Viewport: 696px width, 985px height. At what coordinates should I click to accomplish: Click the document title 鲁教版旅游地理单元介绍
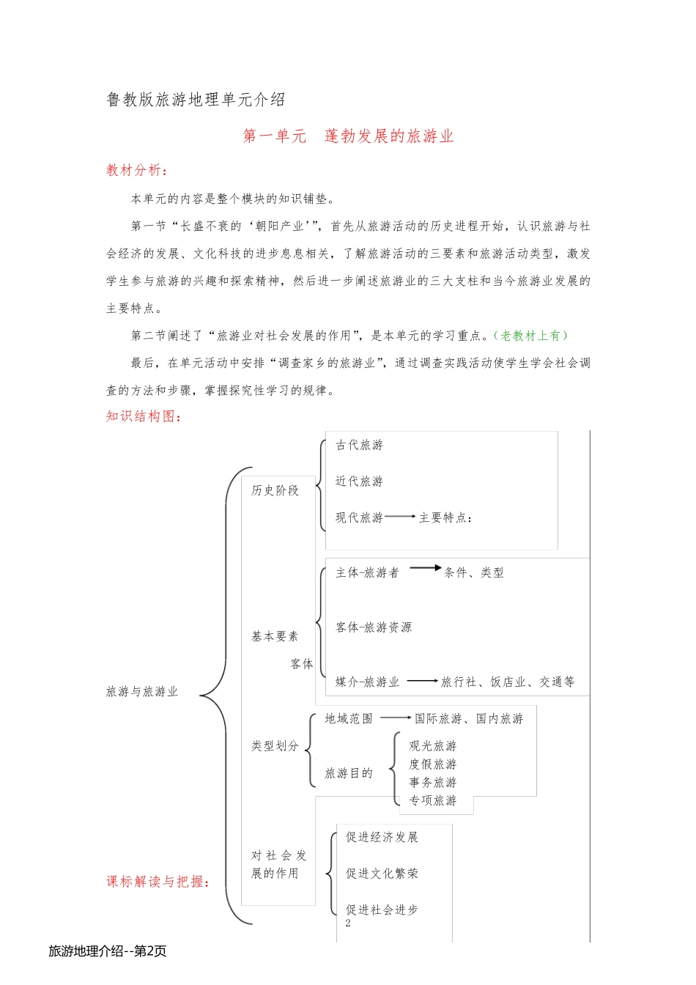click(x=196, y=100)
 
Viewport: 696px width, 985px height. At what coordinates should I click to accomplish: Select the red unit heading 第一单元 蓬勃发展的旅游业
click(x=348, y=136)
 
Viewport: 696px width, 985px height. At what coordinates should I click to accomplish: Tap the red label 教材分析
click(x=136, y=170)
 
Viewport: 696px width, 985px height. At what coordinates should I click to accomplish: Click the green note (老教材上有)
click(x=530, y=336)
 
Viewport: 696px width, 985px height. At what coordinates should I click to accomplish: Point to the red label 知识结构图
click(x=143, y=416)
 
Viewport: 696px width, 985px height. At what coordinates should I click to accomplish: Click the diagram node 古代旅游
click(x=359, y=445)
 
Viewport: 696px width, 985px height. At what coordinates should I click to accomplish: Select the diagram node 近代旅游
click(x=359, y=482)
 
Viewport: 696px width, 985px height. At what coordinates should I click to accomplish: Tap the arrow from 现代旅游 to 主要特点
click(x=400, y=517)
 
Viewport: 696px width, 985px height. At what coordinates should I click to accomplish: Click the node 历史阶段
click(x=275, y=490)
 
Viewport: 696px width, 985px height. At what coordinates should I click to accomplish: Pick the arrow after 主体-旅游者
click(x=425, y=567)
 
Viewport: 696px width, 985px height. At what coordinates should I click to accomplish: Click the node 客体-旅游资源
click(x=374, y=627)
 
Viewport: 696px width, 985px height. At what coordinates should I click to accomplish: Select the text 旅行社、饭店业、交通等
click(x=507, y=682)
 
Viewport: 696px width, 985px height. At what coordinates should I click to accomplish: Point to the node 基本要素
click(x=275, y=636)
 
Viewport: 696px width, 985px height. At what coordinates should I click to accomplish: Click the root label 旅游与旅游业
click(x=142, y=692)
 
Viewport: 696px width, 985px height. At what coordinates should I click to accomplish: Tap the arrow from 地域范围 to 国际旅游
click(x=396, y=717)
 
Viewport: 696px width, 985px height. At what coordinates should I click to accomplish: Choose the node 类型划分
click(x=275, y=746)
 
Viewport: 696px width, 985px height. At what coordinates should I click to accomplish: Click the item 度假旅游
click(x=432, y=764)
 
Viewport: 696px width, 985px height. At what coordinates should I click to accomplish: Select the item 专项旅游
click(x=432, y=800)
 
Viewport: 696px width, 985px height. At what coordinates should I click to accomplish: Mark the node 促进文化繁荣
click(x=382, y=874)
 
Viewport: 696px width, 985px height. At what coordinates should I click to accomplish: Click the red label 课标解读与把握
click(x=158, y=882)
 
